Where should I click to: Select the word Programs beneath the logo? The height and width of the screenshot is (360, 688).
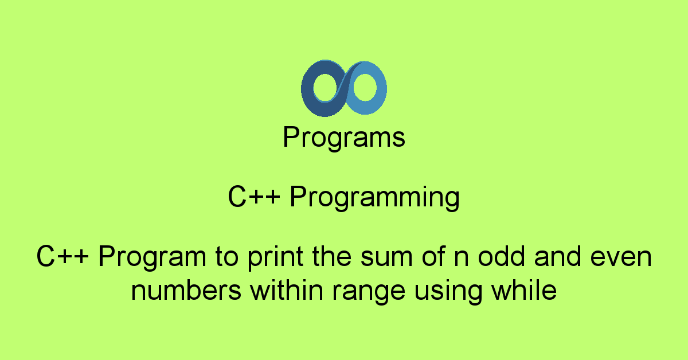[x=344, y=139]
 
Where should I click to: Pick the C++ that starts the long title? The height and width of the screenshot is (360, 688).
[x=62, y=257]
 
